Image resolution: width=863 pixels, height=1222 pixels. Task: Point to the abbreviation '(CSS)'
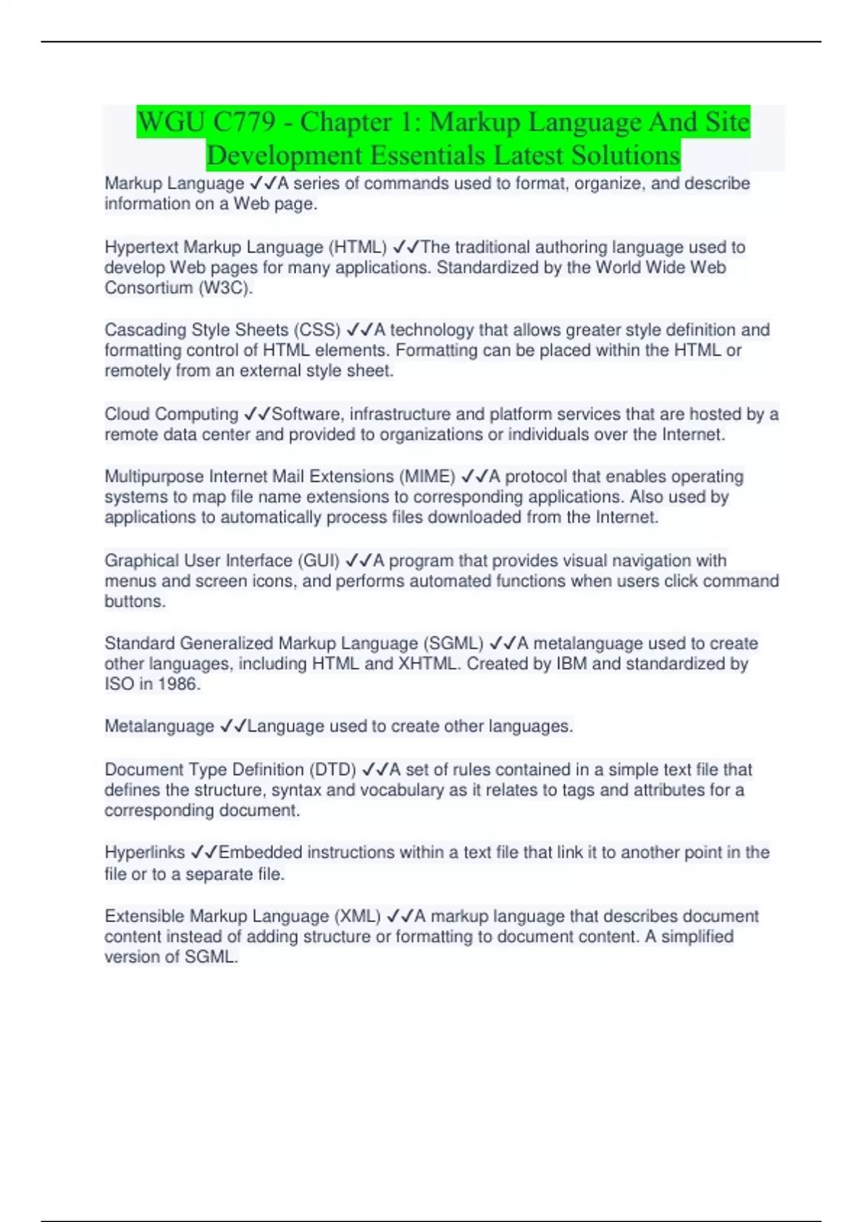(x=316, y=330)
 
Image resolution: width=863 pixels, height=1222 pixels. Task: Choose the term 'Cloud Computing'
(x=171, y=414)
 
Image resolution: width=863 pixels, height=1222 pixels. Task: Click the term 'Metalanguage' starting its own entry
(x=159, y=727)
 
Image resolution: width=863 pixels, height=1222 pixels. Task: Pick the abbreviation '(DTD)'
(x=332, y=770)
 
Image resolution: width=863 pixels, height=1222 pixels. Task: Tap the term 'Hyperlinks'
(x=145, y=853)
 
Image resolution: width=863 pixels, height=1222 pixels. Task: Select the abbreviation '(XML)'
(x=357, y=916)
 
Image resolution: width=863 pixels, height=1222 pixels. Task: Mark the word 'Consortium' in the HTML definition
(x=148, y=288)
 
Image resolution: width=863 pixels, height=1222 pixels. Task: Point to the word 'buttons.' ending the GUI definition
(x=135, y=602)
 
